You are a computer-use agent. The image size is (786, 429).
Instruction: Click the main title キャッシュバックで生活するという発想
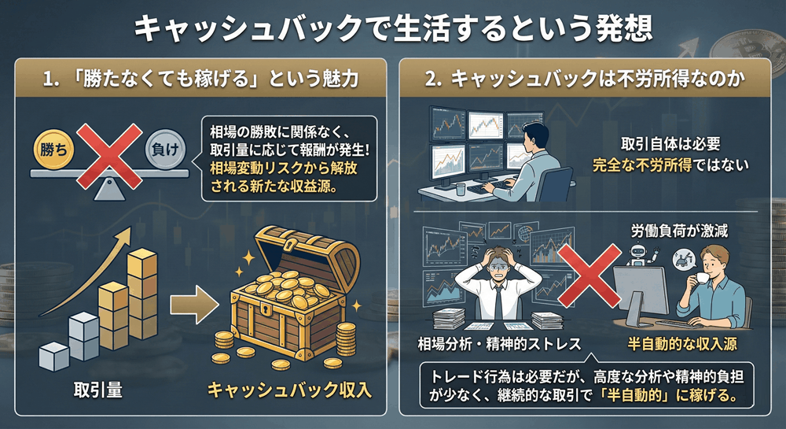[392, 30]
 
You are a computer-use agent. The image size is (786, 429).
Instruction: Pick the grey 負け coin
[163, 147]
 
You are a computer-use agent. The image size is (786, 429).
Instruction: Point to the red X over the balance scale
[107, 150]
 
